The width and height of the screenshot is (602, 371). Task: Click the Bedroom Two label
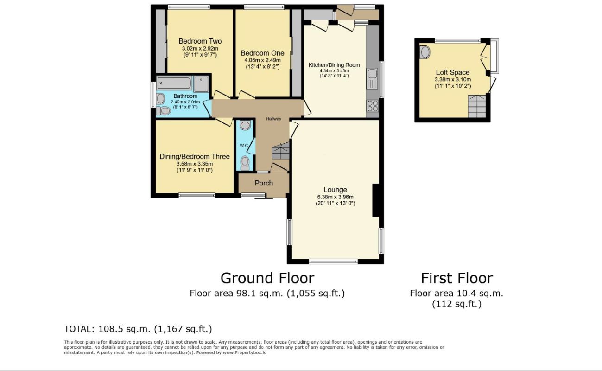(200, 41)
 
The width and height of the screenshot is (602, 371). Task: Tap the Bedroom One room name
(262, 53)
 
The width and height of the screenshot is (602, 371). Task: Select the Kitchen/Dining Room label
(334, 65)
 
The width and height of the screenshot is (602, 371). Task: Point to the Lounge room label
(335, 190)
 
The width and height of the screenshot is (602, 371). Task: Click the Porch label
(264, 183)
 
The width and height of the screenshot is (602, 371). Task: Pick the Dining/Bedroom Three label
(195, 156)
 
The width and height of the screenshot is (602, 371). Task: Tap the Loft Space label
(453, 72)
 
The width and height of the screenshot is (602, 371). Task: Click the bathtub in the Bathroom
(174, 83)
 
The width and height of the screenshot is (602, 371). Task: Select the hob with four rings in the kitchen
(373, 106)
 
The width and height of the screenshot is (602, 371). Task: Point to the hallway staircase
(281, 151)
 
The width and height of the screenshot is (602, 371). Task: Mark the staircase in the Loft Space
(477, 106)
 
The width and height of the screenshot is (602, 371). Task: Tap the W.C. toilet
(245, 163)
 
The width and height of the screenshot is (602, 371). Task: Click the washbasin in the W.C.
(245, 125)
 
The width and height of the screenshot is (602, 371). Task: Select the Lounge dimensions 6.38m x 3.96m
(335, 197)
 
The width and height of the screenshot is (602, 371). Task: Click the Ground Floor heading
(267, 278)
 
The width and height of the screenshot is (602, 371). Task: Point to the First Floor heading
(457, 278)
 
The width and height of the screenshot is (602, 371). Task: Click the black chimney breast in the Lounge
(376, 200)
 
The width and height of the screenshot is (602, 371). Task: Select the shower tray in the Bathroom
(201, 84)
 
